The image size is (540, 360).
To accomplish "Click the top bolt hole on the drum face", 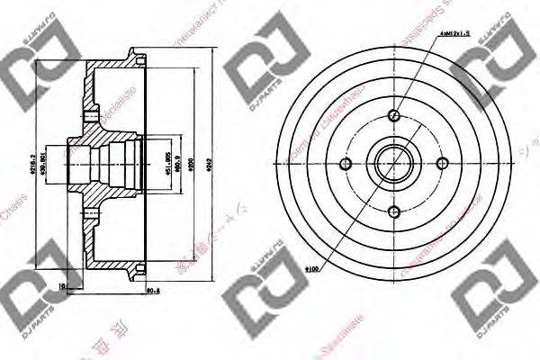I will pyautogui.click(x=394, y=115).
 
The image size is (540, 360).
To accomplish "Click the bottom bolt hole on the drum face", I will pyautogui.click(x=394, y=211).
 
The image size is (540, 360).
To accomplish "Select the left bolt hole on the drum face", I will pyautogui.click(x=346, y=164).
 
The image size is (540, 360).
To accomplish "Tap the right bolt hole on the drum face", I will pyautogui.click(x=443, y=164).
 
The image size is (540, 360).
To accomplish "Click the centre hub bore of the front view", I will pyautogui.click(x=394, y=164).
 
